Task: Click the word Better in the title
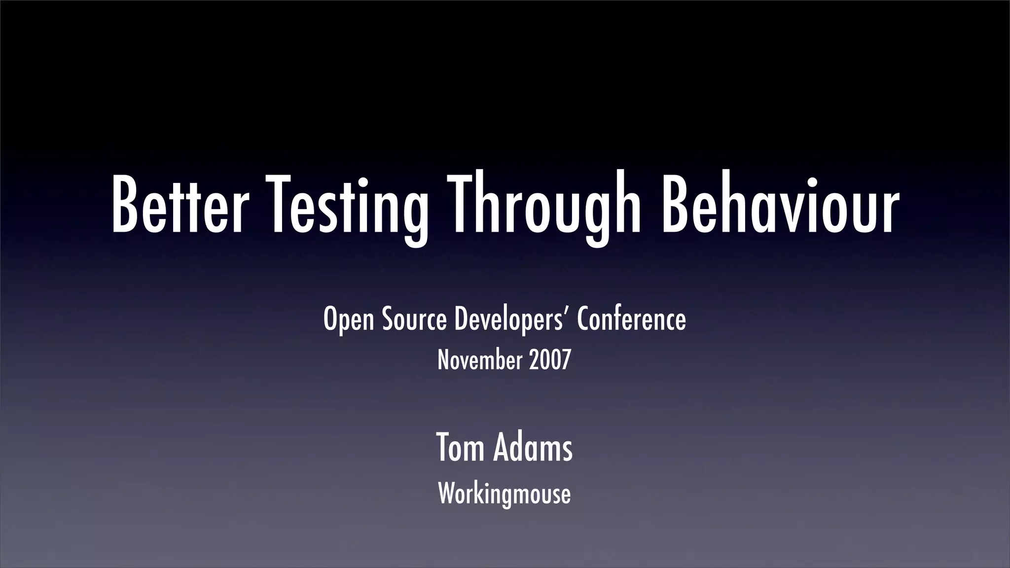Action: [x=178, y=205]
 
